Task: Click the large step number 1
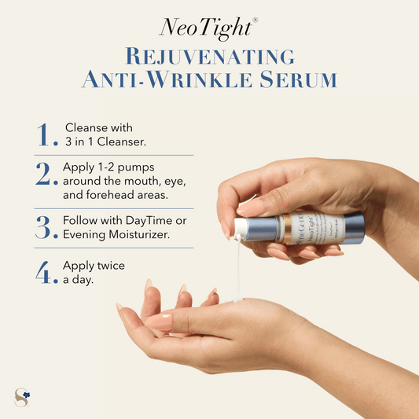(46, 135)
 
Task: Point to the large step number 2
(47, 175)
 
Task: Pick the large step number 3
(46, 226)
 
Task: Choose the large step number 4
(46, 271)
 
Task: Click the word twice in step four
(109, 266)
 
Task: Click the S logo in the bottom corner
(22, 398)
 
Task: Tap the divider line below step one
(114, 155)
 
